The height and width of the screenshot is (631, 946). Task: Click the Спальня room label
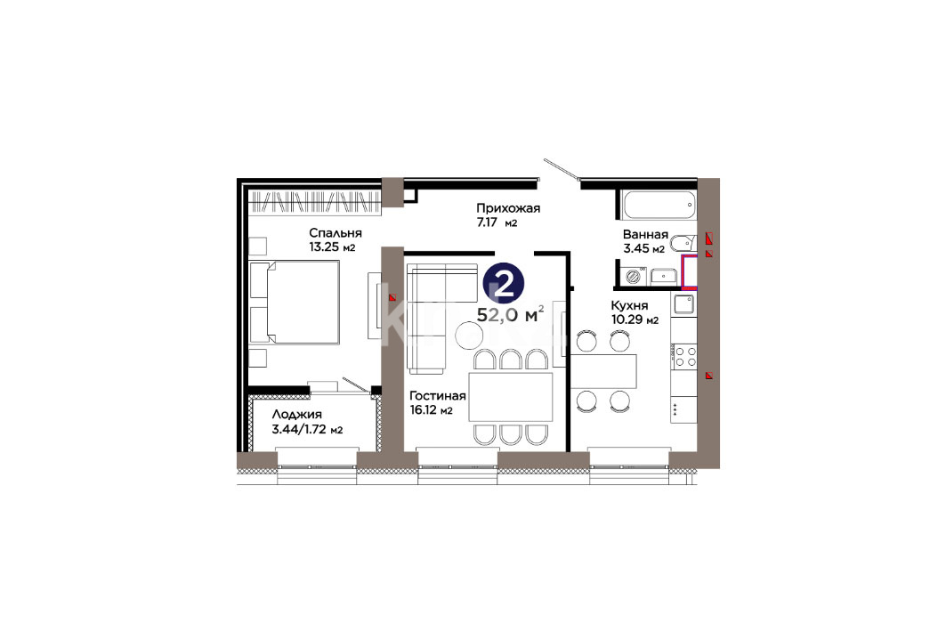click(335, 233)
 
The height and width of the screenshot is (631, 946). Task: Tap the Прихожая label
click(508, 208)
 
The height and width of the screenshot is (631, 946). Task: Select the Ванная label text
click(645, 234)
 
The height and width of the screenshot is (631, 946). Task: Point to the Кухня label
click(629, 305)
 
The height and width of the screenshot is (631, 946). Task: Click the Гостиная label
click(438, 396)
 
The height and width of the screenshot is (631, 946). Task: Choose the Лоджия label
click(297, 415)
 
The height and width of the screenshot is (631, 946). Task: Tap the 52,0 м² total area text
click(511, 313)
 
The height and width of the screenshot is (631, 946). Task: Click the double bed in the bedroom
click(295, 302)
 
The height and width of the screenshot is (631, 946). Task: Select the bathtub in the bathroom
click(659, 205)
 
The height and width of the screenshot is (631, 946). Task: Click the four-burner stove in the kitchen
click(684, 357)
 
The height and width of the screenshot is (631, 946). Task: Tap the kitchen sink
click(684, 304)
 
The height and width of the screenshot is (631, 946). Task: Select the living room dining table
click(511, 397)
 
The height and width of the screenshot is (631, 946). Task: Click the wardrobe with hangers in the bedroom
click(315, 203)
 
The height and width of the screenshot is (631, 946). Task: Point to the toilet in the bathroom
click(683, 243)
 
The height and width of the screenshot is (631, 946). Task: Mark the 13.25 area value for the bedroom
click(323, 247)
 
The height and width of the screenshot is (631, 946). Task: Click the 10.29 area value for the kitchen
click(627, 320)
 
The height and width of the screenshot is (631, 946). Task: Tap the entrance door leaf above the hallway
click(561, 169)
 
